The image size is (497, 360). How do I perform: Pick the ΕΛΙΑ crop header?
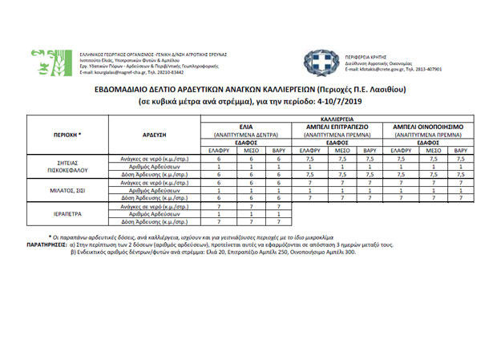tap(246, 127)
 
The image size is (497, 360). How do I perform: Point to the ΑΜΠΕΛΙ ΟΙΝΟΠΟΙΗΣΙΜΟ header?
tap(428, 127)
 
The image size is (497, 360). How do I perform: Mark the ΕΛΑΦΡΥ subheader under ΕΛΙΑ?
tap(218, 150)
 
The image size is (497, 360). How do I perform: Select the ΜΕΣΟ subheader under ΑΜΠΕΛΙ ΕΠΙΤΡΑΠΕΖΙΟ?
tap(341, 150)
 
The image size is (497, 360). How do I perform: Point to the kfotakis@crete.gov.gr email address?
tap(377, 70)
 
